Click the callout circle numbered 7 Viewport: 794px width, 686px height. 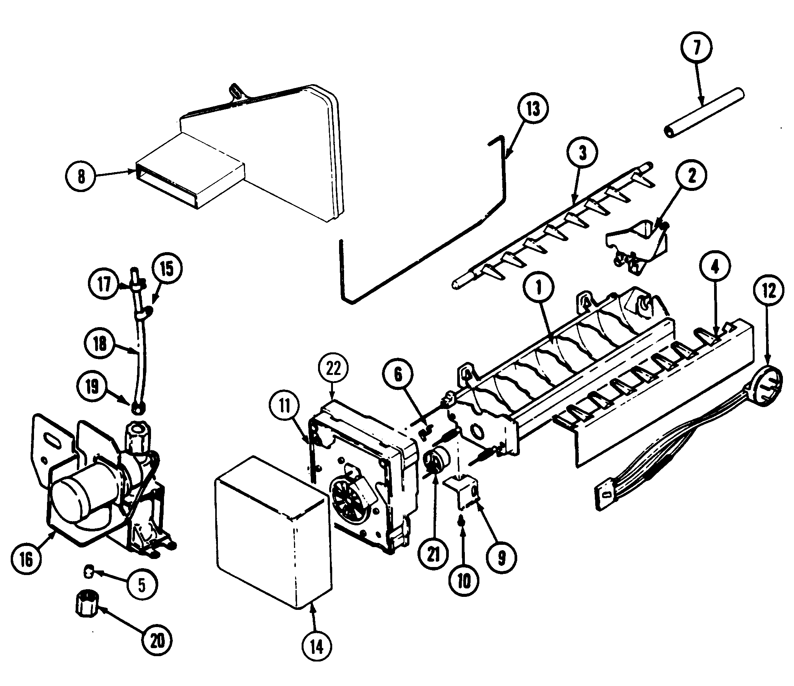pos(696,47)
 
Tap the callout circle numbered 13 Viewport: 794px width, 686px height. pos(533,109)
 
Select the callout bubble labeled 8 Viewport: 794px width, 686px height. pos(81,177)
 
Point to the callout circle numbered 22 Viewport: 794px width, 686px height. pos(333,368)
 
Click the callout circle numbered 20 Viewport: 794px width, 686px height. pos(157,640)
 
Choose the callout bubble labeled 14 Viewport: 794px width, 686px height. pos(317,647)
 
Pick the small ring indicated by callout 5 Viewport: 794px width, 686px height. pos(89,572)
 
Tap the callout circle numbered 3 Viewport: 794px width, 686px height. pos(582,153)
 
